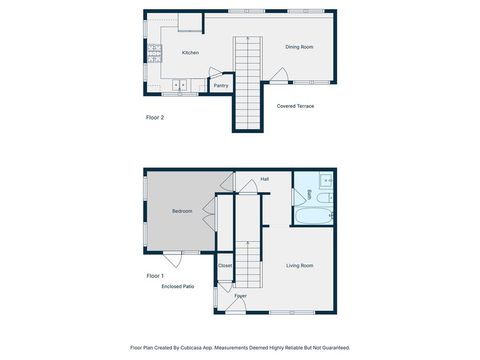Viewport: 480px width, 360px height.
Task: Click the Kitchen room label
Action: coord(190,52)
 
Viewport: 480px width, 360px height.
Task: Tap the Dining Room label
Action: coord(299,46)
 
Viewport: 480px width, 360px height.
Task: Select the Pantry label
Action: coord(221,86)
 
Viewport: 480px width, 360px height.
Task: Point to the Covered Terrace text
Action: coord(296,105)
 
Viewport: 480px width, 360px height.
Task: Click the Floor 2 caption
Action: coord(155,117)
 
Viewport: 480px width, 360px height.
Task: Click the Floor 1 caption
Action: coord(155,275)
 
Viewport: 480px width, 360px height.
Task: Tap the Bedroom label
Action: coord(182,211)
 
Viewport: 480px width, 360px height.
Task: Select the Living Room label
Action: coord(300,265)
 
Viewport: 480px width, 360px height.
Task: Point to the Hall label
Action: coord(264,179)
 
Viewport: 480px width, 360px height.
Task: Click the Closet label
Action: coord(225,265)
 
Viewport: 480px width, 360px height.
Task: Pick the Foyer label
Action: coord(240,296)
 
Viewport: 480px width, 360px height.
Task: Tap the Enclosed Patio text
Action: coord(178,286)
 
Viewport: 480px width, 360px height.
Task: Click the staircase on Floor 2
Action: coord(246,80)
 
